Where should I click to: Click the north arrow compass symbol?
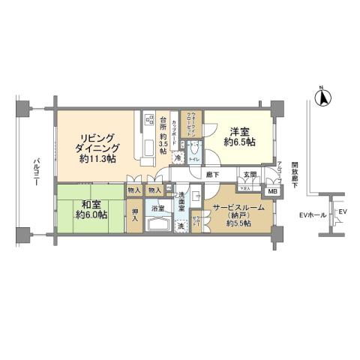pyautogui.click(x=322, y=97)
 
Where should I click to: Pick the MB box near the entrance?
pyautogui.click(x=272, y=191)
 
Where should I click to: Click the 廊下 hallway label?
pyautogui.click(x=212, y=175)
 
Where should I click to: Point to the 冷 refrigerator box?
pyautogui.click(x=178, y=157)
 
